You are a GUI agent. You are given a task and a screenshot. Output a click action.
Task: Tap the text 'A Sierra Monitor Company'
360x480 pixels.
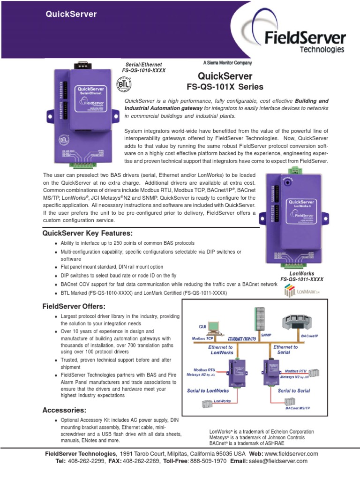[227, 63]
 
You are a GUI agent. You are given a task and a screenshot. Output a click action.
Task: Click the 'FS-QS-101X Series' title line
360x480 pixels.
[225, 87]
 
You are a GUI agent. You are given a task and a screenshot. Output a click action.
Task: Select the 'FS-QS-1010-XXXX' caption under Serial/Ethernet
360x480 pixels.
[144, 70]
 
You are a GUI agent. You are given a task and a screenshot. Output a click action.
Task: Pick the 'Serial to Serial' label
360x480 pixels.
[294, 390]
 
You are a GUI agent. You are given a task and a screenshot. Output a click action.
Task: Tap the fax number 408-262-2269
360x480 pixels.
[141, 461]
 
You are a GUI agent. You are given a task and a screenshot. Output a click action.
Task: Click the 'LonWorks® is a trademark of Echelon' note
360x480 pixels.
[261, 432]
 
